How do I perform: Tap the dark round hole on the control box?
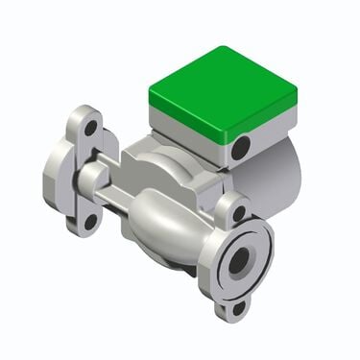(241, 148)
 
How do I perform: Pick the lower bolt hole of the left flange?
(91, 221)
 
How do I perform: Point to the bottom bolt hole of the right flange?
(238, 308)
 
